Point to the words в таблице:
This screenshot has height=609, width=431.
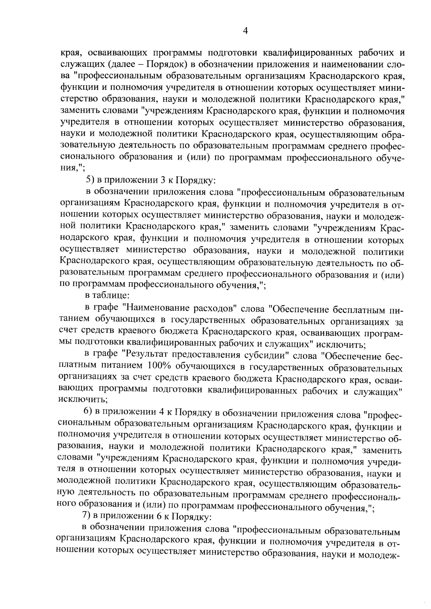click(104, 296)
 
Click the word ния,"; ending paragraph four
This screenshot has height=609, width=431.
click(73, 167)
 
